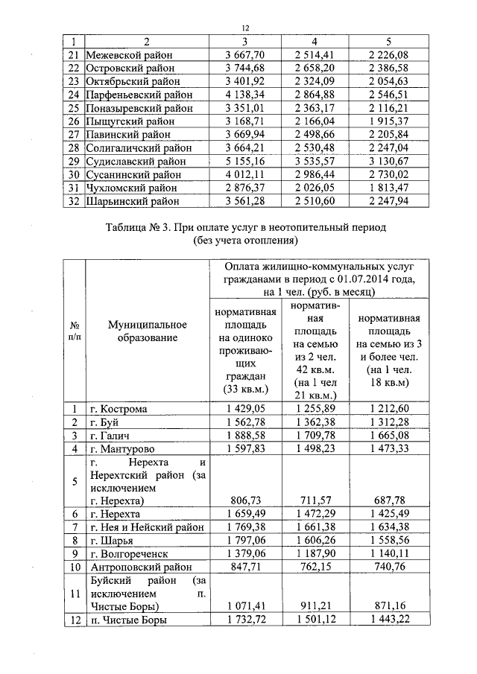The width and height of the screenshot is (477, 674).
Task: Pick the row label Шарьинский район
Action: (x=133, y=201)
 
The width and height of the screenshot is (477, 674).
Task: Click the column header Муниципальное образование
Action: (x=147, y=331)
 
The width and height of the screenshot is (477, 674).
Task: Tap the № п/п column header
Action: (x=74, y=331)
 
